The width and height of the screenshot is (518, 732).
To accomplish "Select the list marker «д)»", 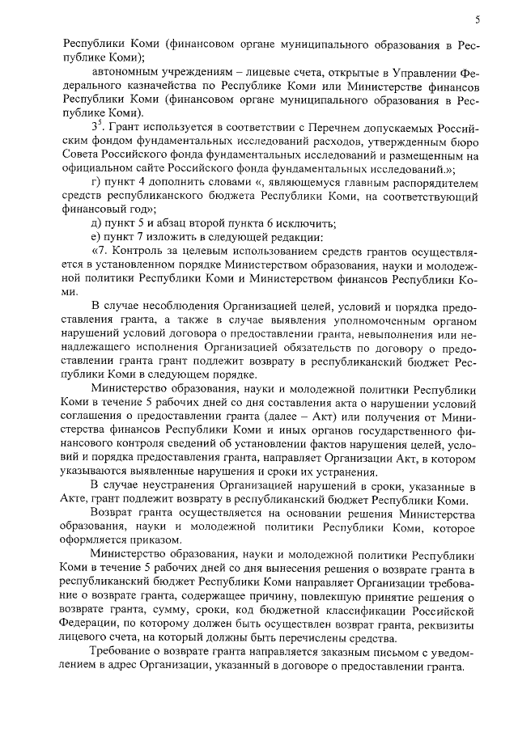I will pos(96,223).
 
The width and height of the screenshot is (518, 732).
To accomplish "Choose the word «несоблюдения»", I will pos(175,307).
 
